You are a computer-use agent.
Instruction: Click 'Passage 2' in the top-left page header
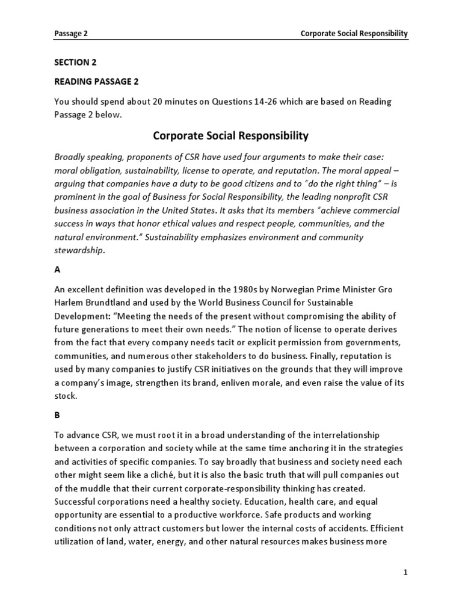point(71,34)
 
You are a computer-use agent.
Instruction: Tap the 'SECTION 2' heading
point(75,62)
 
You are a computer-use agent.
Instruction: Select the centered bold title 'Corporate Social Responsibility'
point(231,136)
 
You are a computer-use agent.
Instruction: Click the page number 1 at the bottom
point(405,573)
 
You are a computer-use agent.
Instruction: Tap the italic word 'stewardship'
point(79,251)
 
